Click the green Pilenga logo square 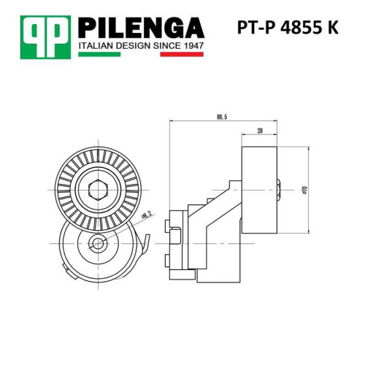(45, 37)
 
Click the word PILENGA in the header (141, 28)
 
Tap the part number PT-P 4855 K (288, 28)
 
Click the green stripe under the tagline (99, 54)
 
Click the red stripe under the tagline (182, 54)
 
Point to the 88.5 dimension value (222, 117)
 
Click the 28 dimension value (260, 131)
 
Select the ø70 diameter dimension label (305, 190)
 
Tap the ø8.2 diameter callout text (147, 215)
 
